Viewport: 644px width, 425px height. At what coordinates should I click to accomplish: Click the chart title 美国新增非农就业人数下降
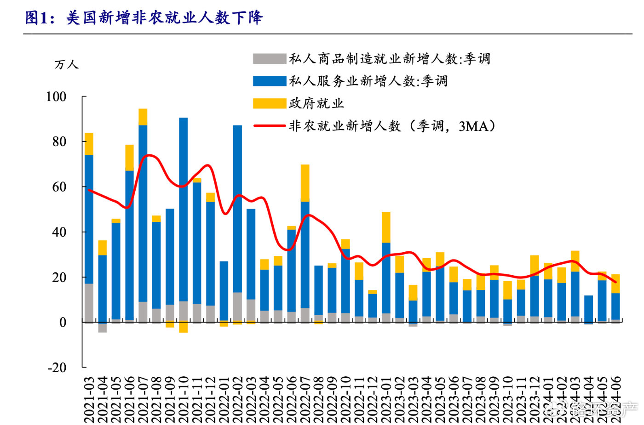(x=144, y=17)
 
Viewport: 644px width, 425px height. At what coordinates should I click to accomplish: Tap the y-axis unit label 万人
(x=66, y=64)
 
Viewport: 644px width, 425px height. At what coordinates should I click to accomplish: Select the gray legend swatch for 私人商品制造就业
(x=269, y=59)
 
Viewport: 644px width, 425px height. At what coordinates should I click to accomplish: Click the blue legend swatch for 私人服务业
(x=269, y=81)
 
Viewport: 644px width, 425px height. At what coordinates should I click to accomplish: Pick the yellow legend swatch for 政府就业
(x=269, y=103)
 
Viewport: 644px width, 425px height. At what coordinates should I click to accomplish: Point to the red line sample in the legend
(x=269, y=125)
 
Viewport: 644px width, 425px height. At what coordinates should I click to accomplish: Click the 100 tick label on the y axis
(x=56, y=97)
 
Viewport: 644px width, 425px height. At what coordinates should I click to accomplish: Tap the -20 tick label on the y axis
(x=57, y=368)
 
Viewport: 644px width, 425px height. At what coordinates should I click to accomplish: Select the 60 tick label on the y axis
(x=59, y=187)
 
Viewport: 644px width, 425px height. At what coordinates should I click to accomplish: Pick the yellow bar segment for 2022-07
(x=305, y=183)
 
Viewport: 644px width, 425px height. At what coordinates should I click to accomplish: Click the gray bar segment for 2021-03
(x=89, y=303)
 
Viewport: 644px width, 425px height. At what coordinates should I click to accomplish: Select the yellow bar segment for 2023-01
(x=386, y=227)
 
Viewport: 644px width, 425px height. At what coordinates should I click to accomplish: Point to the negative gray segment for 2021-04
(x=103, y=328)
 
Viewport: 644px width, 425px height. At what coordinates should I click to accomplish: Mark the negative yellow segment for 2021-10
(x=184, y=328)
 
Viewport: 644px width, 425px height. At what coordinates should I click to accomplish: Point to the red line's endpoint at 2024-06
(x=615, y=282)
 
